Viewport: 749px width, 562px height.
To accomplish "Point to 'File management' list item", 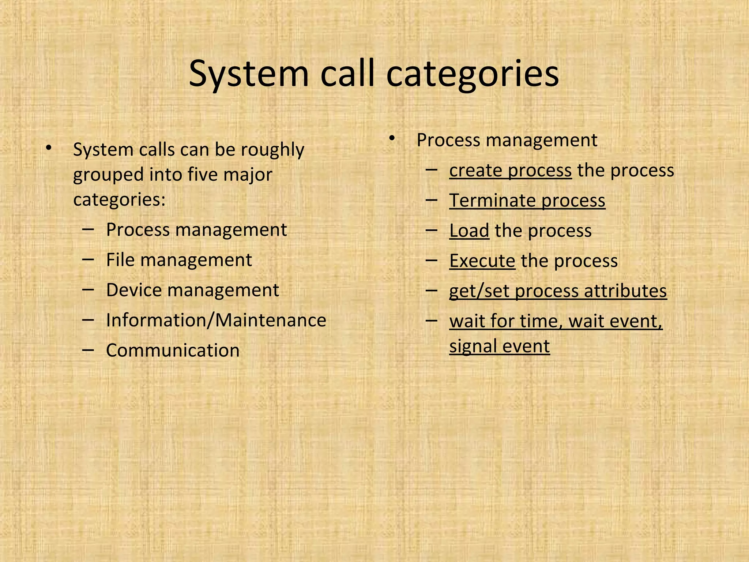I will (x=179, y=260).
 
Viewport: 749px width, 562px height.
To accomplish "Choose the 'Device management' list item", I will (x=192, y=290).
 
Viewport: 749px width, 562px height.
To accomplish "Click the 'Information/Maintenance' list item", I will (x=216, y=320).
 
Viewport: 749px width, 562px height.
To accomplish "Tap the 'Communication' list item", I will (x=173, y=350).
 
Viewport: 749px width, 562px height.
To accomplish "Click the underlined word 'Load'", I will (x=469, y=231).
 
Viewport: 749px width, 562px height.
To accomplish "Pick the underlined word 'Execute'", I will (x=482, y=261).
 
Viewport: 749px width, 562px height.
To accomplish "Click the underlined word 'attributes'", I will (x=625, y=291).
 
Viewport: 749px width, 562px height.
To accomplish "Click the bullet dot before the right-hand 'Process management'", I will (x=392, y=139).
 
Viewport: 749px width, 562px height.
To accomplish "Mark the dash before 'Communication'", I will (x=88, y=350).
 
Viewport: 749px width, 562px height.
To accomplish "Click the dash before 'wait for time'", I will (x=432, y=321).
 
